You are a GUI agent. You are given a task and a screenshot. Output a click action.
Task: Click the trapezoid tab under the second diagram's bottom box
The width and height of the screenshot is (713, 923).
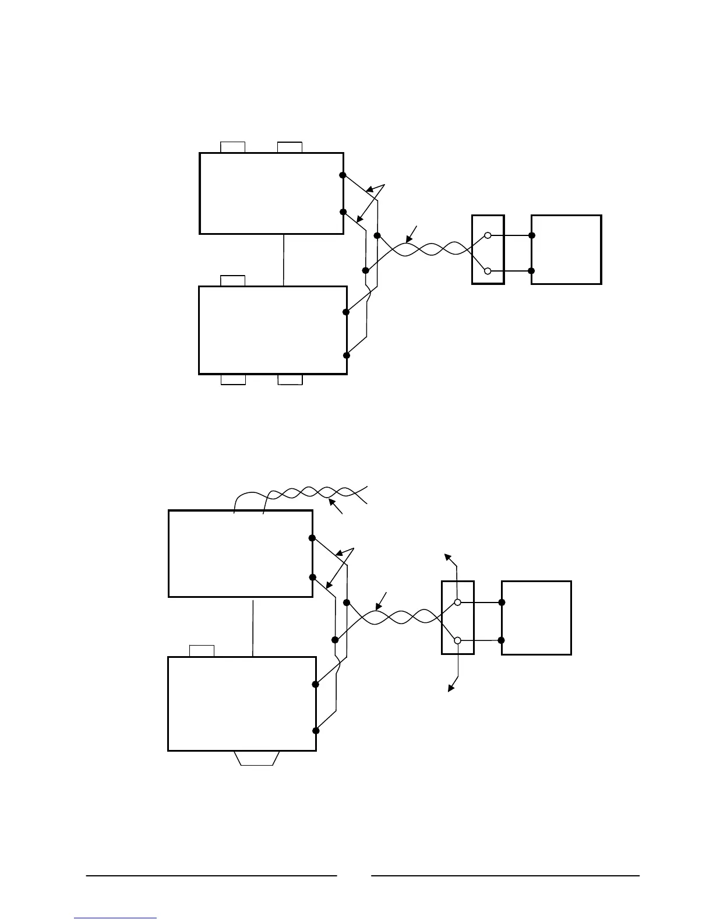(x=257, y=758)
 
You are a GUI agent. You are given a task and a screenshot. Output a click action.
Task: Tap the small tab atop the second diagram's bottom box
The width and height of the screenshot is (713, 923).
(x=202, y=651)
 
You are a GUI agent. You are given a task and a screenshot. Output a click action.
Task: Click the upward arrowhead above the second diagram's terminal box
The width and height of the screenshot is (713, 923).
(x=448, y=556)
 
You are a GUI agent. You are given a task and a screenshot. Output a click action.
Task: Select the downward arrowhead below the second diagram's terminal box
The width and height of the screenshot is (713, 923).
(x=450, y=689)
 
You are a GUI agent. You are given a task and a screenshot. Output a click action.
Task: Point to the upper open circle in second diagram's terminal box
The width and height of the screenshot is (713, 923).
(x=458, y=602)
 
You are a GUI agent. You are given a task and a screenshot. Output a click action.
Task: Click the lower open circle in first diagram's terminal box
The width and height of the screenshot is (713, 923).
(x=488, y=271)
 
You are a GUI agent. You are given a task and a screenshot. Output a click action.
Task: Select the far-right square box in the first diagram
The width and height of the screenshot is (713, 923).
(x=566, y=249)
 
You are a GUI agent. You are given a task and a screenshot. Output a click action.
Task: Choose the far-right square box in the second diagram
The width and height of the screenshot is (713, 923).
(x=536, y=618)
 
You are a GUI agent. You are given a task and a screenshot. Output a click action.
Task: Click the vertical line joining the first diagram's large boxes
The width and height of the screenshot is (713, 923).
(x=283, y=260)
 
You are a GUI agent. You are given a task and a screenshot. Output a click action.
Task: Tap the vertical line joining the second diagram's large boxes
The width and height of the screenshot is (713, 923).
(x=253, y=627)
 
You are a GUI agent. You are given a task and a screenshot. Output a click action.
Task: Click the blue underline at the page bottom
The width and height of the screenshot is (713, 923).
(x=116, y=918)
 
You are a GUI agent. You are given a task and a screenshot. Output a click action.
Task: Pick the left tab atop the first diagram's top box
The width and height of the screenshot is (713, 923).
(x=233, y=147)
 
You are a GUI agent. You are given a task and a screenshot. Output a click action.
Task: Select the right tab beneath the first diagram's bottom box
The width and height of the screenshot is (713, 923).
(x=290, y=380)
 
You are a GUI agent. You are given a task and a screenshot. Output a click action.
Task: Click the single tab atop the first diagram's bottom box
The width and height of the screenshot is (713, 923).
(x=233, y=281)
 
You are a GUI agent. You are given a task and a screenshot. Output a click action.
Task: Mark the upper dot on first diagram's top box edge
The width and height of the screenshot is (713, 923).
(x=343, y=175)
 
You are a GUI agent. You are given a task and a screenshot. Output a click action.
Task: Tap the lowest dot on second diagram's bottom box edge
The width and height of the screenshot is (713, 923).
(x=316, y=730)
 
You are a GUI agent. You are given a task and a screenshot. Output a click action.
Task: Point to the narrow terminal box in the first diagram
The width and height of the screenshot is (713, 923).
(x=488, y=249)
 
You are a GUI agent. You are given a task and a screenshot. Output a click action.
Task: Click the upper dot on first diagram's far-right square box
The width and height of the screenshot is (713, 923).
(x=532, y=235)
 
